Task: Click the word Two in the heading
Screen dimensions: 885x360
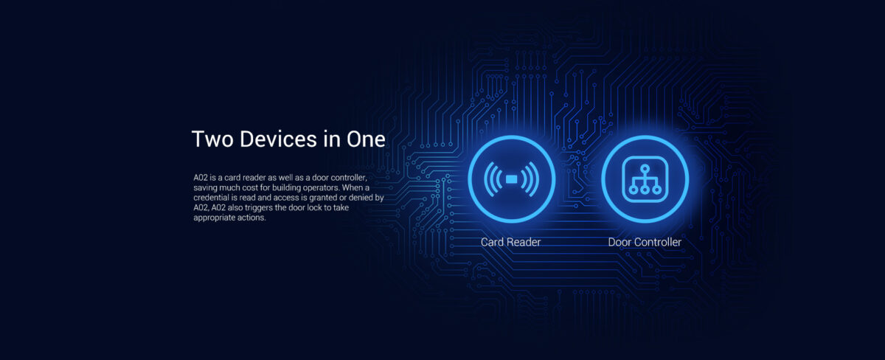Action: coord(212,139)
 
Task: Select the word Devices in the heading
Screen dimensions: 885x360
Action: coord(278,139)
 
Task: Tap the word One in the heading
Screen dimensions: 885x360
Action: coord(366,139)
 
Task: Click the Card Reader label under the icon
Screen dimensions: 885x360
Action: coord(510,242)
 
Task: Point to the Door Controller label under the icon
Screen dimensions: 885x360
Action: coord(645,242)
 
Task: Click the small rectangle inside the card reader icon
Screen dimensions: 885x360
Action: coord(511,179)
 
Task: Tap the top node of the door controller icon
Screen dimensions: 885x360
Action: coord(645,169)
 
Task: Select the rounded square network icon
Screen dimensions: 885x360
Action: coord(645,179)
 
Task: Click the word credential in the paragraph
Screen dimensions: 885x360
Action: coord(211,198)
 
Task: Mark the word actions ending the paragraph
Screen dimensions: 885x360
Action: coord(251,218)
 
